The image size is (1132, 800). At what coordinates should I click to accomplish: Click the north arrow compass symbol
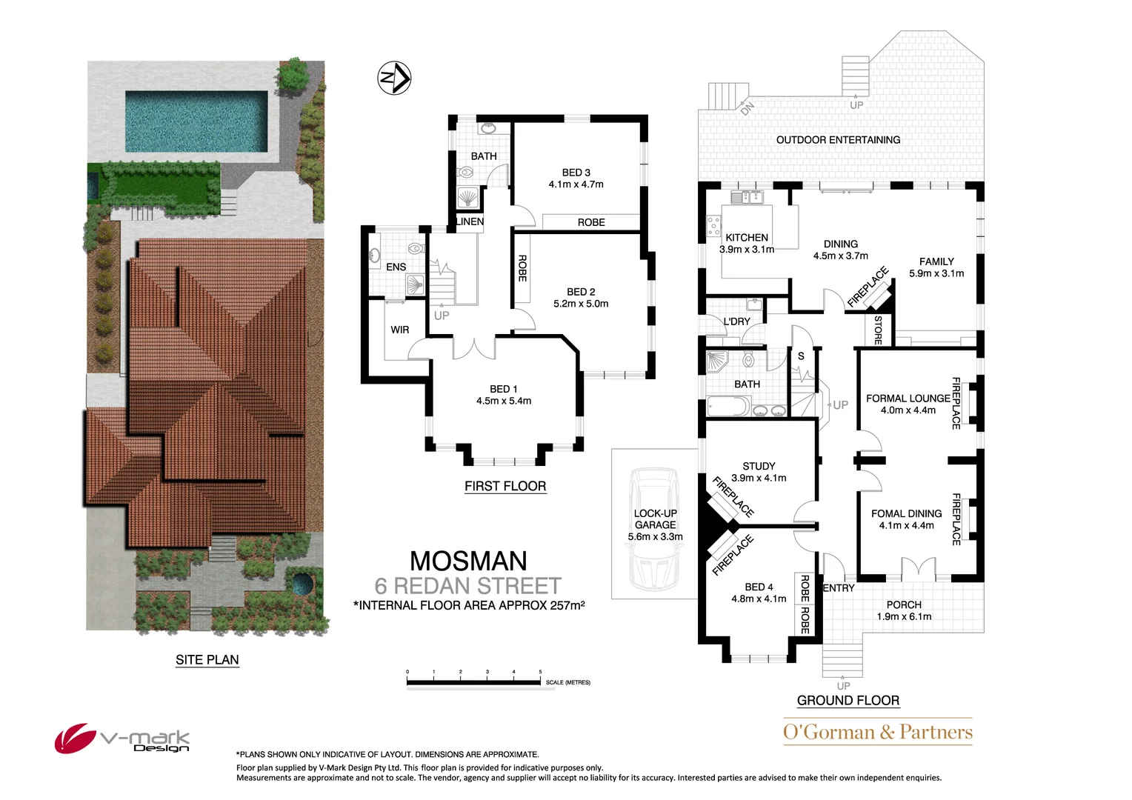[x=395, y=78]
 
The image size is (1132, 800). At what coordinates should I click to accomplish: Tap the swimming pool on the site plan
[x=196, y=121]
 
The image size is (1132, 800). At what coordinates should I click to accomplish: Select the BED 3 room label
[x=576, y=173]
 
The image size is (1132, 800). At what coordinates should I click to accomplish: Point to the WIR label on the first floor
[x=400, y=330]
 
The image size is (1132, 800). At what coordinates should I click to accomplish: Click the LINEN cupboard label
[x=470, y=221]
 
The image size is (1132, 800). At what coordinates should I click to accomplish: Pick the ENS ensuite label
[x=396, y=267]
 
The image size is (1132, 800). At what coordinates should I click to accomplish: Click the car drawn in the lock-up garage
[x=654, y=527]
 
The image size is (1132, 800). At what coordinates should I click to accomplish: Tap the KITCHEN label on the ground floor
[x=747, y=238]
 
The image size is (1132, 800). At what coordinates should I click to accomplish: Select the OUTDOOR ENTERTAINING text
[x=838, y=140]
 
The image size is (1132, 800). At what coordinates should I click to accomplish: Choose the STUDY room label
[x=759, y=466]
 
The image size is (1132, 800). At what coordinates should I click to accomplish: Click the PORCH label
[x=904, y=604]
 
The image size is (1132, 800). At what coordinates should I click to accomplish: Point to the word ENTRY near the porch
[x=839, y=588]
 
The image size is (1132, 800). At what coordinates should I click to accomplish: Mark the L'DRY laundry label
[x=736, y=321]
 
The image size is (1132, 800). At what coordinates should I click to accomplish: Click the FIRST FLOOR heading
[x=505, y=486]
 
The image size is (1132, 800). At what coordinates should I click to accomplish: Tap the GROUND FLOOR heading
[x=848, y=700]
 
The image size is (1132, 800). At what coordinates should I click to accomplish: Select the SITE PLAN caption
[x=207, y=659]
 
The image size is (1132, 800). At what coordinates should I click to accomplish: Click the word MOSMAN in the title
[x=468, y=561]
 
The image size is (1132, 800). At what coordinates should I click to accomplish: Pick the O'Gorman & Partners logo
[x=878, y=732]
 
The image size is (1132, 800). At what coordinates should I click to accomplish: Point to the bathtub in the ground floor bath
[x=728, y=407]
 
